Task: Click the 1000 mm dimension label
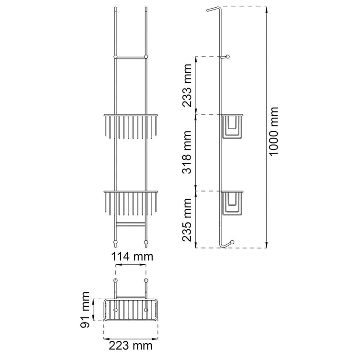click(273, 132)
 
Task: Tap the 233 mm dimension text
click(187, 85)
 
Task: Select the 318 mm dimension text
click(187, 152)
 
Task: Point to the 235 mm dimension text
click(187, 220)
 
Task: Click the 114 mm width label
click(132, 257)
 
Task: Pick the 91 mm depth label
click(85, 310)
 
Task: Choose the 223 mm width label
click(130, 346)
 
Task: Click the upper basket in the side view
click(231, 126)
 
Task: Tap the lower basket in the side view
click(231, 203)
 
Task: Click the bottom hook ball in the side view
click(232, 242)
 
